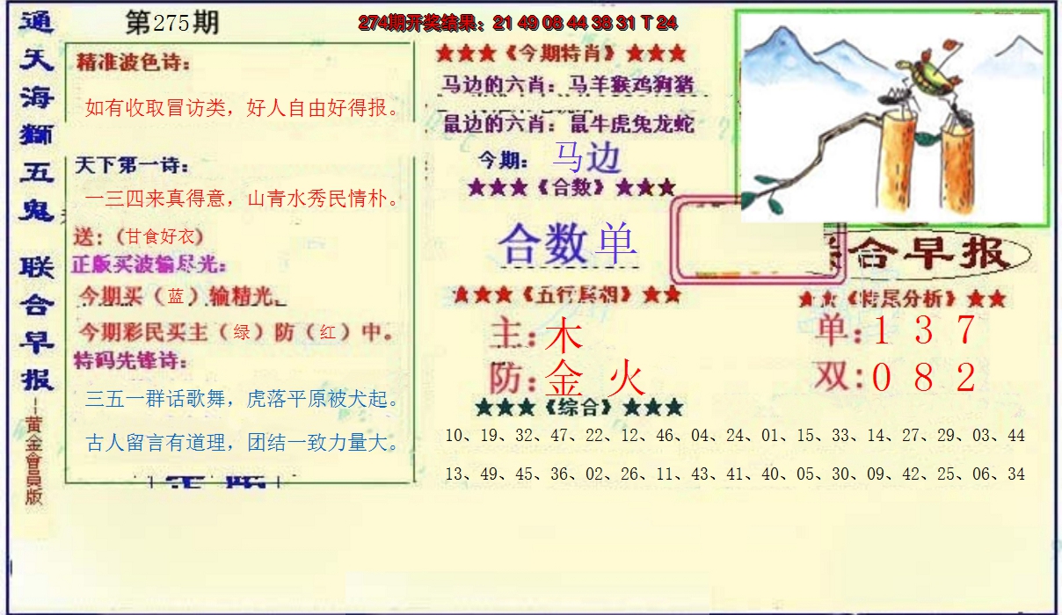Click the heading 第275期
pyautogui.click(x=171, y=24)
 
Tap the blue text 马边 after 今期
pyautogui.click(x=586, y=157)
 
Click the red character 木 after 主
pyautogui.click(x=564, y=336)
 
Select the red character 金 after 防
pyautogui.click(x=567, y=380)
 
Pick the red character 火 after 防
pyautogui.click(x=627, y=380)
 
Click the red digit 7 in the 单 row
pyautogui.click(x=965, y=330)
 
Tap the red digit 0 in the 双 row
pyautogui.click(x=882, y=378)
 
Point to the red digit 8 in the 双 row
pyautogui.click(x=923, y=378)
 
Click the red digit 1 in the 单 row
pyautogui.click(x=882, y=330)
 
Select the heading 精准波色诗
pyautogui.click(x=134, y=63)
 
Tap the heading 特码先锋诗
pyautogui.click(x=132, y=361)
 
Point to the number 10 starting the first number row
pyautogui.click(x=455, y=436)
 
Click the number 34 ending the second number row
pyautogui.click(x=1015, y=474)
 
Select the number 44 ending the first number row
pyautogui.click(x=1015, y=436)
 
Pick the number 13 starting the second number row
pyautogui.click(x=455, y=474)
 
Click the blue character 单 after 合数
pyautogui.click(x=615, y=244)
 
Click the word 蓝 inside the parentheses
pyautogui.click(x=176, y=296)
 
